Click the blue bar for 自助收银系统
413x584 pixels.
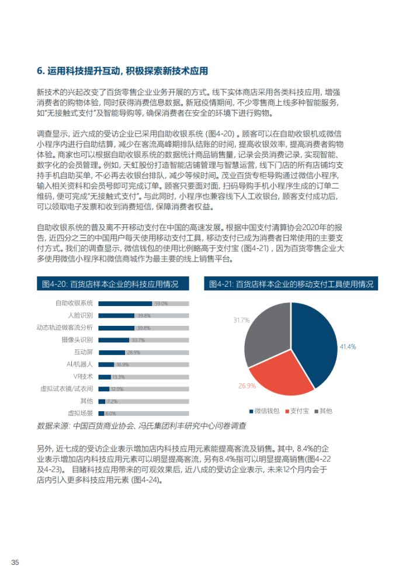pos(125,304)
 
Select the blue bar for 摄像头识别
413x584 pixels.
pos(113,340)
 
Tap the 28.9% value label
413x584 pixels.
pos(133,352)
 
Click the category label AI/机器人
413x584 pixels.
pos(80,364)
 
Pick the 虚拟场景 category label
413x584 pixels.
pos(80,413)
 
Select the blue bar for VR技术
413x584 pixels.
pos(105,377)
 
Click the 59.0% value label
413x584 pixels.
pos(161,304)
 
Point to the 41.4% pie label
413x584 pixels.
pos(348,346)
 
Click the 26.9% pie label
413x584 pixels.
pos(247,386)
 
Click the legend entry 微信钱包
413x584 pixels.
pos(266,411)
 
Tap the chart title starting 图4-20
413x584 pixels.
pos(110,284)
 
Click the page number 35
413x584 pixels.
pos(16,562)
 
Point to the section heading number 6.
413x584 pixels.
pos(40,71)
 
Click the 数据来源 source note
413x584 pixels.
pos(141,426)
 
